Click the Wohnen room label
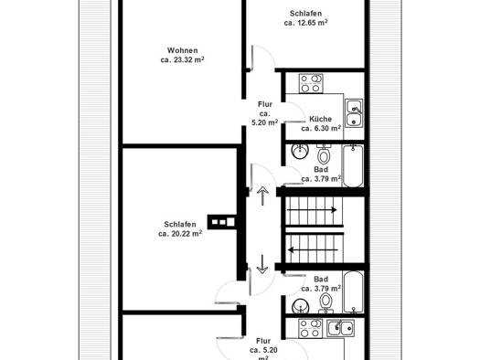pos(183,50)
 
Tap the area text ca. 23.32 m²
pos(183,59)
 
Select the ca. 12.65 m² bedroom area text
pos(305,23)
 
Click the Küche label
pos(321,119)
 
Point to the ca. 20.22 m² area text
pos(180,234)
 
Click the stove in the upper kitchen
pos(311,83)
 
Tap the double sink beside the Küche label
pos(354,113)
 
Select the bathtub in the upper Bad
pos(353,165)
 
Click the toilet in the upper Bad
pos(324,154)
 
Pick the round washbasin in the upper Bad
pos(300,151)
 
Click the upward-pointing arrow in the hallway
pos(262,196)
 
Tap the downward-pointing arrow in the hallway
pos(262,264)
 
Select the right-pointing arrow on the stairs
pos(312,210)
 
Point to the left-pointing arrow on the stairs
pos(313,250)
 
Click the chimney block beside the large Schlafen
pos(222,222)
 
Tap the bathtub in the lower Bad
pos(354,292)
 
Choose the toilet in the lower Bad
pos(325,302)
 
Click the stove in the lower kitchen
pos(311,328)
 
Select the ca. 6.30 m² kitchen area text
pos(321,129)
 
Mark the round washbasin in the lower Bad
pos(300,306)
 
